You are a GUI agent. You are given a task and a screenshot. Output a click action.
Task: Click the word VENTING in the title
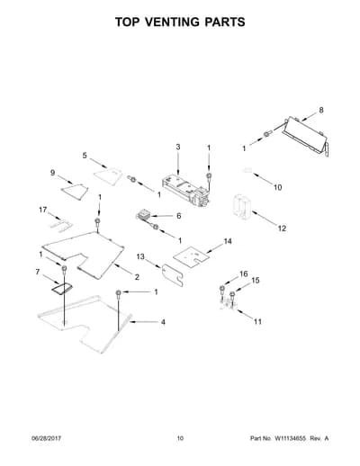point(171,22)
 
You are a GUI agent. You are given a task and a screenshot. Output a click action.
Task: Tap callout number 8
point(321,110)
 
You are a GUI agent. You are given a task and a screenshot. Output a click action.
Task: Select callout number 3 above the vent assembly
point(178,147)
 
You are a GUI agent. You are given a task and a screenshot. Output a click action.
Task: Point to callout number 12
point(282,229)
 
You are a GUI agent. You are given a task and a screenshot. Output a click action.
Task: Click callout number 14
point(228,241)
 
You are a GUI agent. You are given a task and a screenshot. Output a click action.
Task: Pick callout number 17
point(43,210)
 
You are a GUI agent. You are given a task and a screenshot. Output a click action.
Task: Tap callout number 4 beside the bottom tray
point(163,322)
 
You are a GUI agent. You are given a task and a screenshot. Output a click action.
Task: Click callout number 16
point(244,273)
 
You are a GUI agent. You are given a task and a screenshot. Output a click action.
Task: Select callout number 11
point(257,322)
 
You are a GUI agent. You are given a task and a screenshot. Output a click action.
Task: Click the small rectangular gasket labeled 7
point(62,289)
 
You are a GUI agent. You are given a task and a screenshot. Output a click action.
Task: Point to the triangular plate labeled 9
point(75,191)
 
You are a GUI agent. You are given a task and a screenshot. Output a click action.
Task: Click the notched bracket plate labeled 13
point(173,274)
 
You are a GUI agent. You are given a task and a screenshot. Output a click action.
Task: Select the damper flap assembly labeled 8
point(304,137)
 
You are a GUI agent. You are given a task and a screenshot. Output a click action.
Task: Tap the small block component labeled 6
point(144,216)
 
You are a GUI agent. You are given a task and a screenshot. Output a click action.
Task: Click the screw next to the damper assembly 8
point(267,134)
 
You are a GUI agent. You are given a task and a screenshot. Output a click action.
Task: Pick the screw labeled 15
point(232,295)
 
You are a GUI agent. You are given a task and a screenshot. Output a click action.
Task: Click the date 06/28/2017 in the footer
point(46,438)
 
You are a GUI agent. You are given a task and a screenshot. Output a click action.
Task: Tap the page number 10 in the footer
point(180,438)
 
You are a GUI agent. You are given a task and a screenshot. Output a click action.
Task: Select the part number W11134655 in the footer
point(289,438)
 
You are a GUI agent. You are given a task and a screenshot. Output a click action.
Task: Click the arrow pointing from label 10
point(262,179)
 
